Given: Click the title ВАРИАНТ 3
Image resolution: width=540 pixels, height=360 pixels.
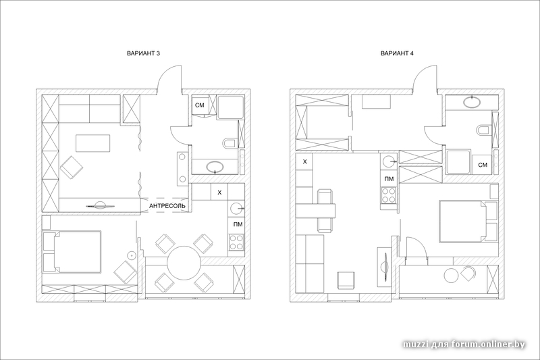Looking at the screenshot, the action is [143, 53].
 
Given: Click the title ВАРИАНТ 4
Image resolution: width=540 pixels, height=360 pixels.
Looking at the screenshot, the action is [397, 53].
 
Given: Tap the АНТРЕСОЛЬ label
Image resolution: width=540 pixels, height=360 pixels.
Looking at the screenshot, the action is [167, 206].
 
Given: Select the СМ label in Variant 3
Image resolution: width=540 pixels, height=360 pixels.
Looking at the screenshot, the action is [200, 105].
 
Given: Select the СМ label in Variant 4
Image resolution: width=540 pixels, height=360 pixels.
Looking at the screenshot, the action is [483, 165].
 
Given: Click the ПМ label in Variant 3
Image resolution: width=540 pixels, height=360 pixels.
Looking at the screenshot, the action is [238, 225].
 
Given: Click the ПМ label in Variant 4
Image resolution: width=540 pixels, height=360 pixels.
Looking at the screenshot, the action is [389, 178].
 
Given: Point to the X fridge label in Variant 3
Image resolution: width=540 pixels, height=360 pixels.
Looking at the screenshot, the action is [220, 192].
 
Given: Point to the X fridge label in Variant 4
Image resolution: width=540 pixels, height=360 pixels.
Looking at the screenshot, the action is [305, 161].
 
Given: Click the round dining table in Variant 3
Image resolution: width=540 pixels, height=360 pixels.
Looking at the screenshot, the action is [184, 263].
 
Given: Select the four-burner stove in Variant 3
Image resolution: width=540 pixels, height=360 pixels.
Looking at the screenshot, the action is [236, 242].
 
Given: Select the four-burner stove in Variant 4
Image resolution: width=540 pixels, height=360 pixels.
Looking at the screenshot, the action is [389, 195].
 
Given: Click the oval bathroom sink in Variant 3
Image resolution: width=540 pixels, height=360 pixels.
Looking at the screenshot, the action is [215, 167].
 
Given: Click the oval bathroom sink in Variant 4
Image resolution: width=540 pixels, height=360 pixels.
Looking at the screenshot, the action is [472, 101].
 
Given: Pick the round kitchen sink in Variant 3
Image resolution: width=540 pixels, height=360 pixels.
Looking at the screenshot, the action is [236, 209].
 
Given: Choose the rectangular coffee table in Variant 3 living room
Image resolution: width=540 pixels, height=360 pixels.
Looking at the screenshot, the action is [93, 143].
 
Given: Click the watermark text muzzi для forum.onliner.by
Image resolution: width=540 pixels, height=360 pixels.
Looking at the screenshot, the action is [464, 344].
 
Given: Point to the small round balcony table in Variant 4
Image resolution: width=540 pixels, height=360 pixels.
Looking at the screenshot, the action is [452, 275].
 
